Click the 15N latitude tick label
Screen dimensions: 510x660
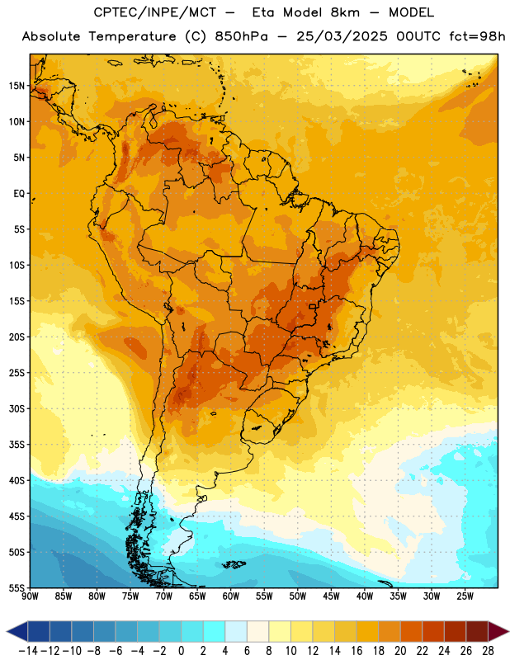(x=17, y=86)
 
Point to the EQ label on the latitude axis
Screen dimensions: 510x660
(x=19, y=194)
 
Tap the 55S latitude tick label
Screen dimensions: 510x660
(x=17, y=587)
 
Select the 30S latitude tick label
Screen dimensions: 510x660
(x=17, y=408)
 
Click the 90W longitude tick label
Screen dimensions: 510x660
(x=31, y=596)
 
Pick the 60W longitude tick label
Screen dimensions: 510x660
(x=231, y=596)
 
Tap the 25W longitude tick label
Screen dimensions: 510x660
(x=465, y=596)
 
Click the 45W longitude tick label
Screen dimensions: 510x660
(x=331, y=596)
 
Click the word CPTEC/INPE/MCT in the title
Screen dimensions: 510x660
(x=155, y=12)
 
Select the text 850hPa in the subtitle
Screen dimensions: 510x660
(x=241, y=36)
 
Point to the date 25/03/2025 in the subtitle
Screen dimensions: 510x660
(x=342, y=36)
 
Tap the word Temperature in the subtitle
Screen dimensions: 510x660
(x=132, y=37)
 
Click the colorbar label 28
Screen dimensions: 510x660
(x=488, y=651)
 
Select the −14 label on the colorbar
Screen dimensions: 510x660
(x=28, y=651)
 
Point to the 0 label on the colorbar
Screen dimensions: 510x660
(x=181, y=651)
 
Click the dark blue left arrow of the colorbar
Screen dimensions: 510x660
(x=17, y=632)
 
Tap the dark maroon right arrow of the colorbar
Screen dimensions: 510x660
(x=498, y=632)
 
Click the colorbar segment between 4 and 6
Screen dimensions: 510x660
(x=236, y=632)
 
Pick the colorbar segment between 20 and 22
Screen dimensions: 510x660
(x=411, y=632)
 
